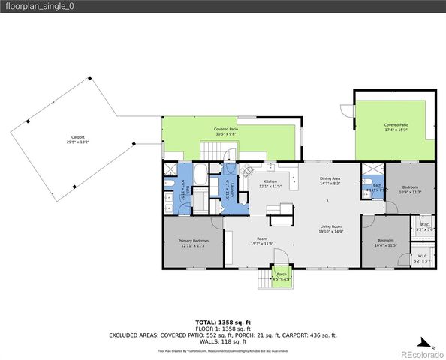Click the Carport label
77,139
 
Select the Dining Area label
330,181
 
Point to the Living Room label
331,229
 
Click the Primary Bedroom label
193,243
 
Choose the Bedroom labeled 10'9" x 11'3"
410,189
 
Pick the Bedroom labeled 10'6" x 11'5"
387,242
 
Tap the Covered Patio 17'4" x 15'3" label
396,127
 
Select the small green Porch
282,275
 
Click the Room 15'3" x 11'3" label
261,241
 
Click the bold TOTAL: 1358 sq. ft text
223,322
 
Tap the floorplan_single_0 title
41,7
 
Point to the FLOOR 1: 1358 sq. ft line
223,328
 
